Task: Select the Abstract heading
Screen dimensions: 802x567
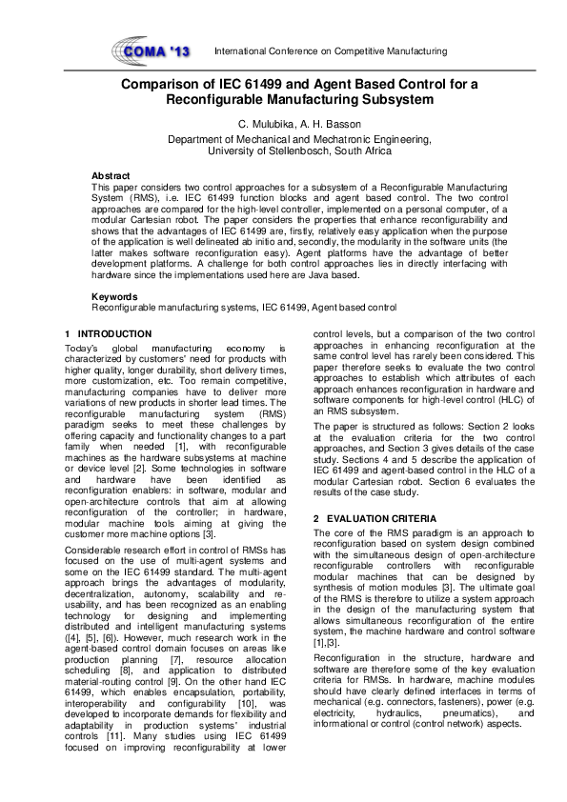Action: pyautogui.click(x=110, y=176)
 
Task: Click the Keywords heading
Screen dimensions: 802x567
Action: pyautogui.click(x=112, y=297)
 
